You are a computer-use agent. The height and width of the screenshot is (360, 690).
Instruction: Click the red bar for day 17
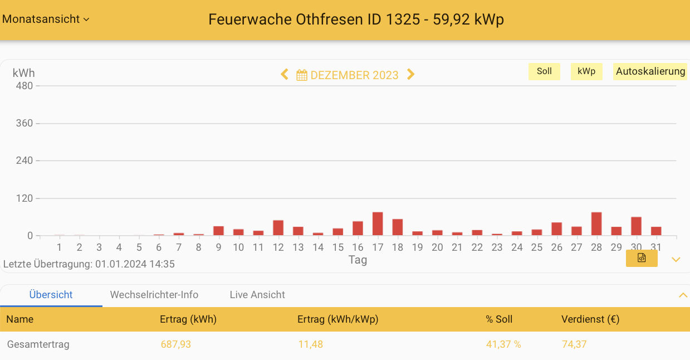(378, 224)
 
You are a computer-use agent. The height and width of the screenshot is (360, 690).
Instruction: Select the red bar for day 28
(596, 224)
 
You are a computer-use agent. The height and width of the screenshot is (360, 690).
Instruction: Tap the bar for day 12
(278, 228)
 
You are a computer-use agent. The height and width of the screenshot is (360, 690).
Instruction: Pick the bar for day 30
(636, 226)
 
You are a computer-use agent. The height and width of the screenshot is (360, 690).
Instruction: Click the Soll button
(544, 71)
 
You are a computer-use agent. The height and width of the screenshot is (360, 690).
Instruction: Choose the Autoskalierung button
(650, 71)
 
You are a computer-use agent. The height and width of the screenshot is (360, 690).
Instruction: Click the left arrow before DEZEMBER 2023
(285, 75)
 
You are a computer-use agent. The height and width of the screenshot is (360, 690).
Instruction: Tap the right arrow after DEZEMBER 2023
(411, 75)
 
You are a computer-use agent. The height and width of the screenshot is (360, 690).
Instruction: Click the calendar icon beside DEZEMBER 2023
(302, 75)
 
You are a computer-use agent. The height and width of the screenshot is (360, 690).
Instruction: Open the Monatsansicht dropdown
(46, 19)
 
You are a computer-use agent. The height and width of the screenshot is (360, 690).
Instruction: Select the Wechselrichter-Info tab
(154, 295)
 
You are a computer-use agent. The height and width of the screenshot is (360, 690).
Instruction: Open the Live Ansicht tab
(257, 295)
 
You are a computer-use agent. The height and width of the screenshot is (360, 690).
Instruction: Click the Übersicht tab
(51, 295)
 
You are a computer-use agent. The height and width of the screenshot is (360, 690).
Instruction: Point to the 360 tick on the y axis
(25, 123)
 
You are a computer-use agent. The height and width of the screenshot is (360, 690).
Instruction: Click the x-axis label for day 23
(497, 247)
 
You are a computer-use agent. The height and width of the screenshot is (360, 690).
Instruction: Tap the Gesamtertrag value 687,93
(175, 344)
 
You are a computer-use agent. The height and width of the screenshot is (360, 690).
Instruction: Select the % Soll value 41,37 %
(503, 344)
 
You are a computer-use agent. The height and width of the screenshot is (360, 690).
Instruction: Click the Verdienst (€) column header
(590, 319)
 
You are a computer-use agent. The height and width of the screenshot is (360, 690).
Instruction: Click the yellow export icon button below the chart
(642, 258)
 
